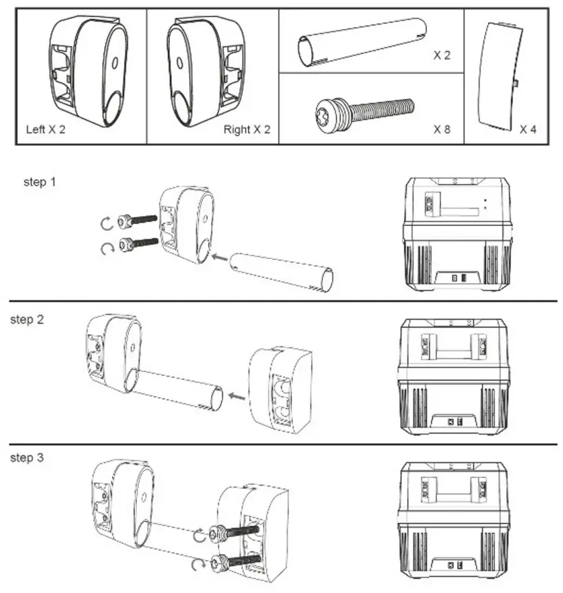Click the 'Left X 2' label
pos(45,129)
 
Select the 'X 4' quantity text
pos(527,129)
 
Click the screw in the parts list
pos(364,111)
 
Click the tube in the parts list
pos(362,42)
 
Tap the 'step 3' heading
pos(27,457)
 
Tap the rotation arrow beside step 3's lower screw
pos(199,564)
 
